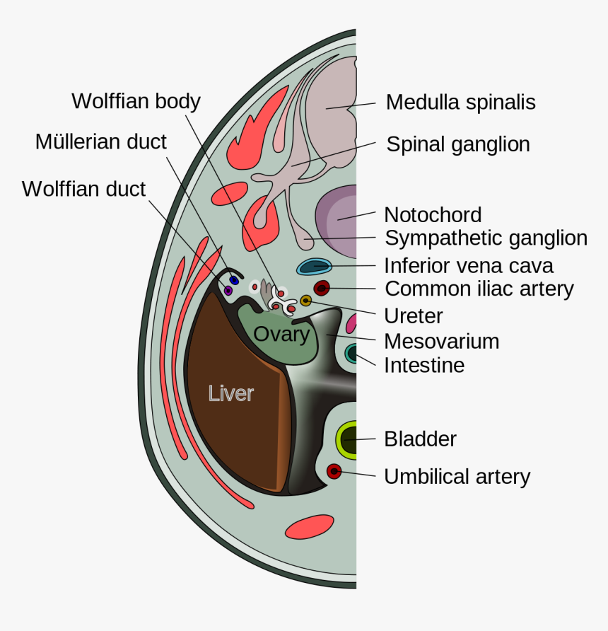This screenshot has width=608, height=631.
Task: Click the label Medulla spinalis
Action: [460, 103]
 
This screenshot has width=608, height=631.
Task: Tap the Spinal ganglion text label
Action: [457, 145]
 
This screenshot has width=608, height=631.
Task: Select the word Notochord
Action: [433, 214]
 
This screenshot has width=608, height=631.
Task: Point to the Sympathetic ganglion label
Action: [486, 238]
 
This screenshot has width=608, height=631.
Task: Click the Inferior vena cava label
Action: [468, 266]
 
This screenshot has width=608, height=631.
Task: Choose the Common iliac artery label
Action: [479, 289]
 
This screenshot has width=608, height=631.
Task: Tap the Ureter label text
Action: [413, 315]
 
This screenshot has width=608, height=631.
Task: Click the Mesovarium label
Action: [441, 342]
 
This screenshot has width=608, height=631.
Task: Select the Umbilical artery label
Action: [457, 477]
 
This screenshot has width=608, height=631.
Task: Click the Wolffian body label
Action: [136, 101]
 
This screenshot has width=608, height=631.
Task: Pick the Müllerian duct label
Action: [101, 142]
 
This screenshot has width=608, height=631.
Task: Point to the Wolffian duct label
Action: [83, 190]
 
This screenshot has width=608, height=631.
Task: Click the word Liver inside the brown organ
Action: [230, 393]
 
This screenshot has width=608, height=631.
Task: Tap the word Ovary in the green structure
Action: [281, 334]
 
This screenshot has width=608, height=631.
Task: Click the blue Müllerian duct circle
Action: [234, 280]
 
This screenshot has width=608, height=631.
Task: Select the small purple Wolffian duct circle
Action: [228, 290]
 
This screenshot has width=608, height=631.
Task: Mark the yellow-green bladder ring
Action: [348, 439]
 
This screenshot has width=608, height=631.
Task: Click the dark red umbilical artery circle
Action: [334, 471]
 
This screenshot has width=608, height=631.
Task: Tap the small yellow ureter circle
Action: [305, 301]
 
